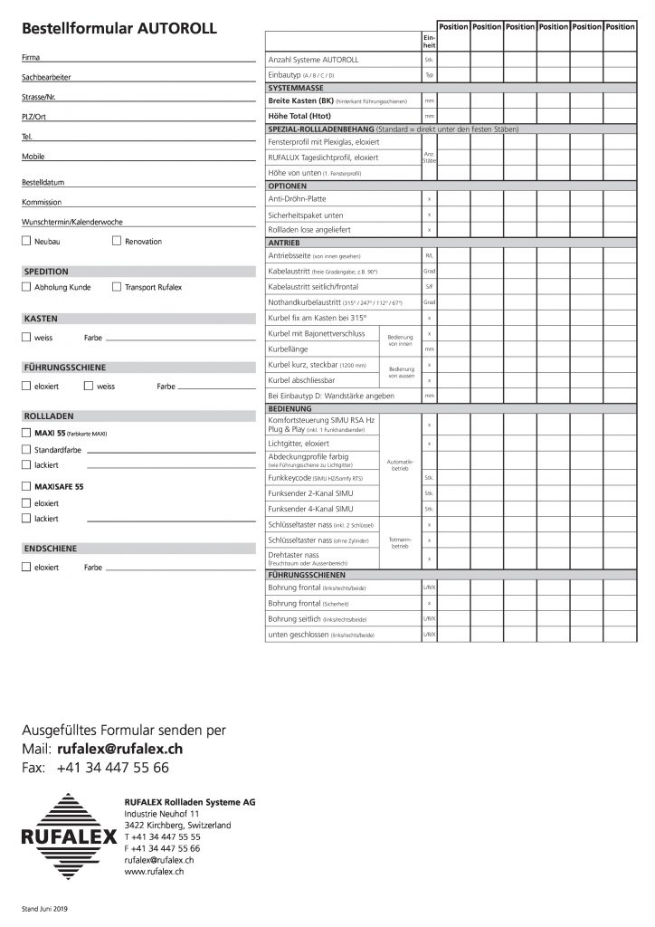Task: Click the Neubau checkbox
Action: (x=25, y=242)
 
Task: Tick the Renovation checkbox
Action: (x=117, y=242)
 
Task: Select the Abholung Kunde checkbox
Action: (x=25, y=287)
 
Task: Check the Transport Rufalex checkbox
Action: (x=117, y=287)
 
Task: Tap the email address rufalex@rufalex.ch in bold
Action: (x=119, y=750)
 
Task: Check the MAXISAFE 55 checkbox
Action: (x=25, y=486)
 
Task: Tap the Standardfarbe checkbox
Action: (x=25, y=449)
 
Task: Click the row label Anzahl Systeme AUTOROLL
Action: (x=314, y=59)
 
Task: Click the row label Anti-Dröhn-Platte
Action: (x=298, y=197)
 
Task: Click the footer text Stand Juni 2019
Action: (x=44, y=908)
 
